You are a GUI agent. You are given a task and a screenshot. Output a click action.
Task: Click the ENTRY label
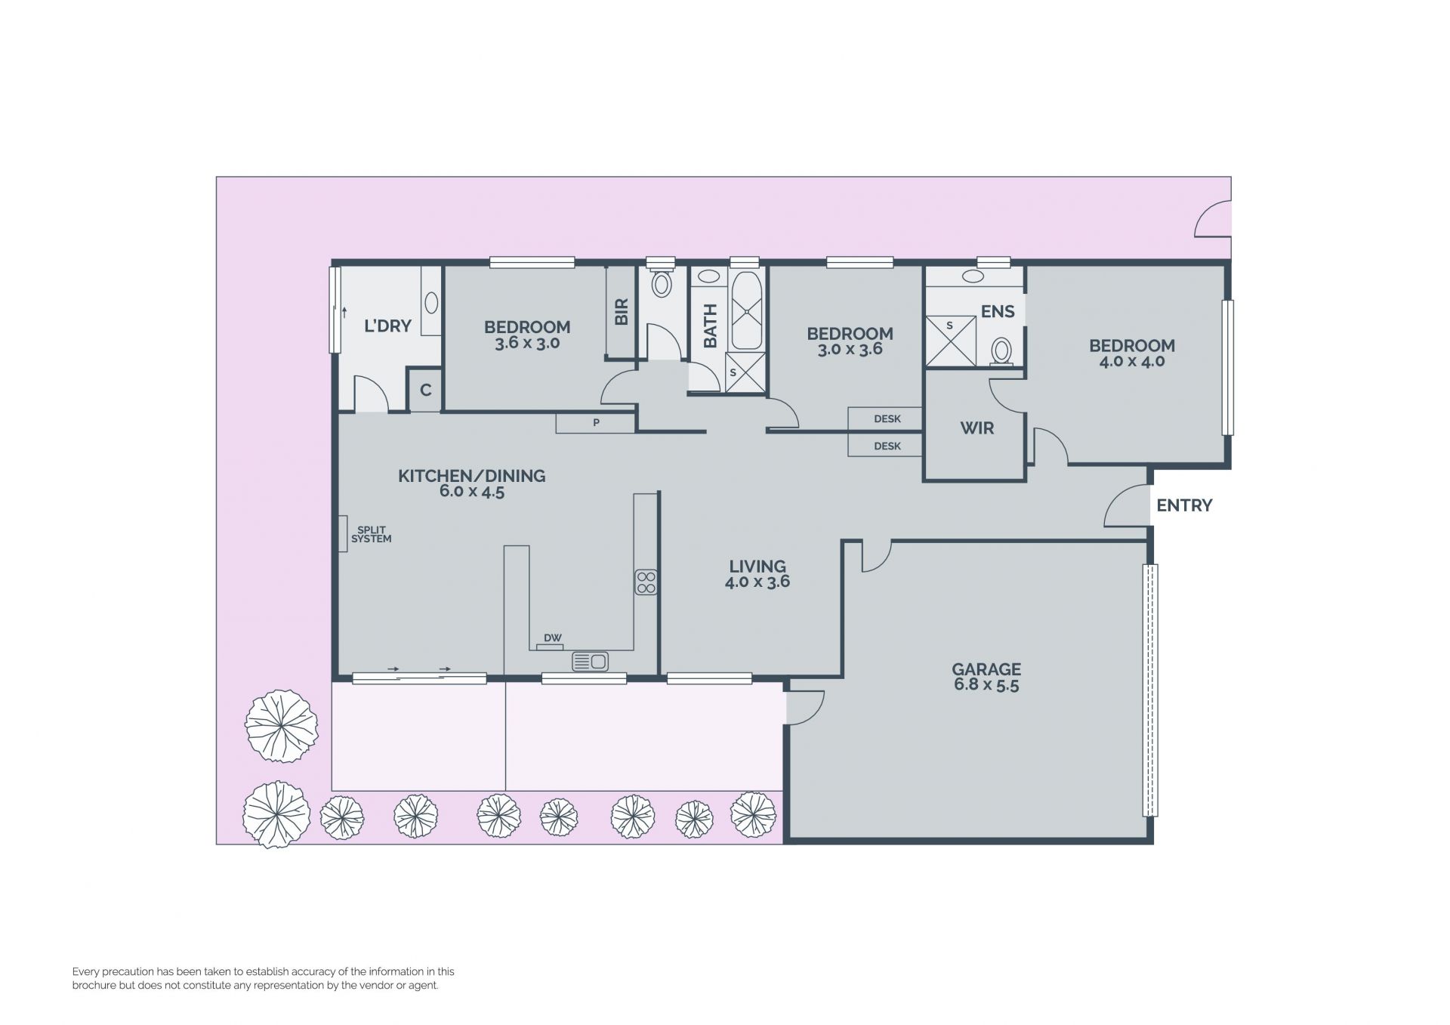pyautogui.click(x=1184, y=505)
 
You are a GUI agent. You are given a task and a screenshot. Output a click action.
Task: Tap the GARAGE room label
pyautogui.click(x=986, y=669)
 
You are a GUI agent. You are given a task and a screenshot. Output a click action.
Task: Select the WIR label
pyautogui.click(x=976, y=428)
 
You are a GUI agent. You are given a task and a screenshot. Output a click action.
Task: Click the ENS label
pyautogui.click(x=998, y=311)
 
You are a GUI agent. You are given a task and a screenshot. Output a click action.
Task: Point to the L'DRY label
pyautogui.click(x=387, y=326)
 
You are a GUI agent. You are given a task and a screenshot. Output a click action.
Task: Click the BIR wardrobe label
pyautogui.click(x=622, y=311)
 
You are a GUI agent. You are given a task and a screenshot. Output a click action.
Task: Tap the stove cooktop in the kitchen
pyautogui.click(x=646, y=582)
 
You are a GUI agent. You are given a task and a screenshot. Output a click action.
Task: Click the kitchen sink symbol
pyautogui.click(x=590, y=662)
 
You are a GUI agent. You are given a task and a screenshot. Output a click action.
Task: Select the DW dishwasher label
pyautogui.click(x=552, y=638)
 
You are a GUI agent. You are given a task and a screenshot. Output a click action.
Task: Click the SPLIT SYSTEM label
pyautogui.click(x=372, y=534)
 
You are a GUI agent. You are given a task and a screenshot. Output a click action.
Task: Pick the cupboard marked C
pyautogui.click(x=425, y=390)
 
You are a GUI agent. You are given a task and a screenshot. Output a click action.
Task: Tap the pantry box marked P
pyautogui.click(x=595, y=423)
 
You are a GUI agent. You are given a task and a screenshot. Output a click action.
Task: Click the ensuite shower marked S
pyautogui.click(x=951, y=341)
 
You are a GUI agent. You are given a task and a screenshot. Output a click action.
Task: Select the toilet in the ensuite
pyautogui.click(x=1001, y=352)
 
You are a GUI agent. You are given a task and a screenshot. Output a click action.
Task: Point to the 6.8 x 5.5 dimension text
pyautogui.click(x=986, y=685)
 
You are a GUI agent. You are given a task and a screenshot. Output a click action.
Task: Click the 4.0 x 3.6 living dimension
pyautogui.click(x=757, y=582)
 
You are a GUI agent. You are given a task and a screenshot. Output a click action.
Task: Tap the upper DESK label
pyautogui.click(x=887, y=419)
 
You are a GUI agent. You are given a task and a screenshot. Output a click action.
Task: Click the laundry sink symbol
pyautogui.click(x=431, y=303)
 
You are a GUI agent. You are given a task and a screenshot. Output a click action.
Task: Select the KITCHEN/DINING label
pyautogui.click(x=471, y=476)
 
